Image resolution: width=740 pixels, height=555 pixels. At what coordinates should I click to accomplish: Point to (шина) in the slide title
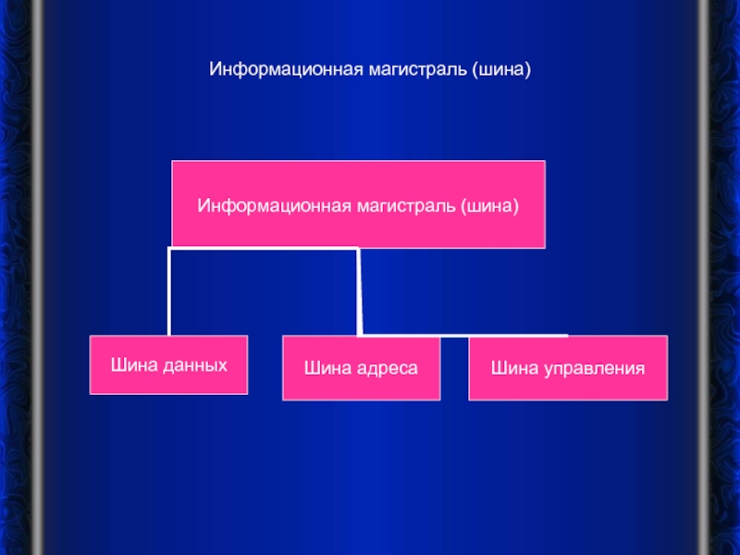pos(500,69)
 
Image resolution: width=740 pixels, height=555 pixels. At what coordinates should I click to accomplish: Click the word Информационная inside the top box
pos(254,203)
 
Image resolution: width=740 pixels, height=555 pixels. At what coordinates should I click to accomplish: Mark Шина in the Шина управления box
pos(512,368)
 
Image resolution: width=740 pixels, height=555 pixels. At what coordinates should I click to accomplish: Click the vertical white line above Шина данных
pos(168,291)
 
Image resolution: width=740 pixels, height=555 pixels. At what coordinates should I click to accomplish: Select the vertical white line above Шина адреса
pos(359,291)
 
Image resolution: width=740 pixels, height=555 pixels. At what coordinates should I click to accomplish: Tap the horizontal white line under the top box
pos(264,248)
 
